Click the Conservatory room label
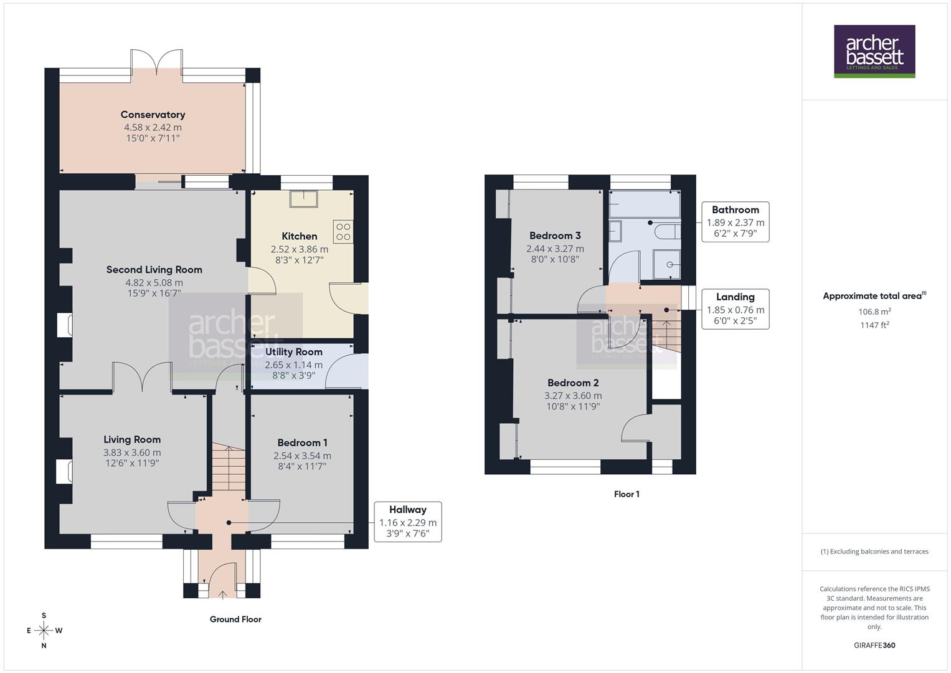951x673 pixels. click(x=153, y=115)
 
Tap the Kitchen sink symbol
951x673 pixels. click(x=303, y=198)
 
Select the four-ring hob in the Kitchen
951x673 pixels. click(x=343, y=232)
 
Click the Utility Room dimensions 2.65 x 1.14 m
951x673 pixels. click(x=293, y=365)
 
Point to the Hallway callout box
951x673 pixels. click(x=408, y=522)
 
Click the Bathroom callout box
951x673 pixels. click(x=735, y=222)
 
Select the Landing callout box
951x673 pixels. click(x=735, y=309)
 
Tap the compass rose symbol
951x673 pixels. click(x=44, y=631)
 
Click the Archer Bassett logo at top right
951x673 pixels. click(x=874, y=51)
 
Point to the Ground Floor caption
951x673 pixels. click(x=235, y=619)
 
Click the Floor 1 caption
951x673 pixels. click(x=627, y=494)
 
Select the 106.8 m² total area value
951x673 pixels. click(x=874, y=312)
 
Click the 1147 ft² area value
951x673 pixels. click(x=874, y=325)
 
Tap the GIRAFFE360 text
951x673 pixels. click(x=874, y=645)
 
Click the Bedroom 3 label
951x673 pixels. click(x=555, y=236)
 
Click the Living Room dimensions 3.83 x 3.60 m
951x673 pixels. click(x=132, y=453)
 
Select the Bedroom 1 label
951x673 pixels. click(x=302, y=443)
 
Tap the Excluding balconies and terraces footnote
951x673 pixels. click(x=874, y=551)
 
